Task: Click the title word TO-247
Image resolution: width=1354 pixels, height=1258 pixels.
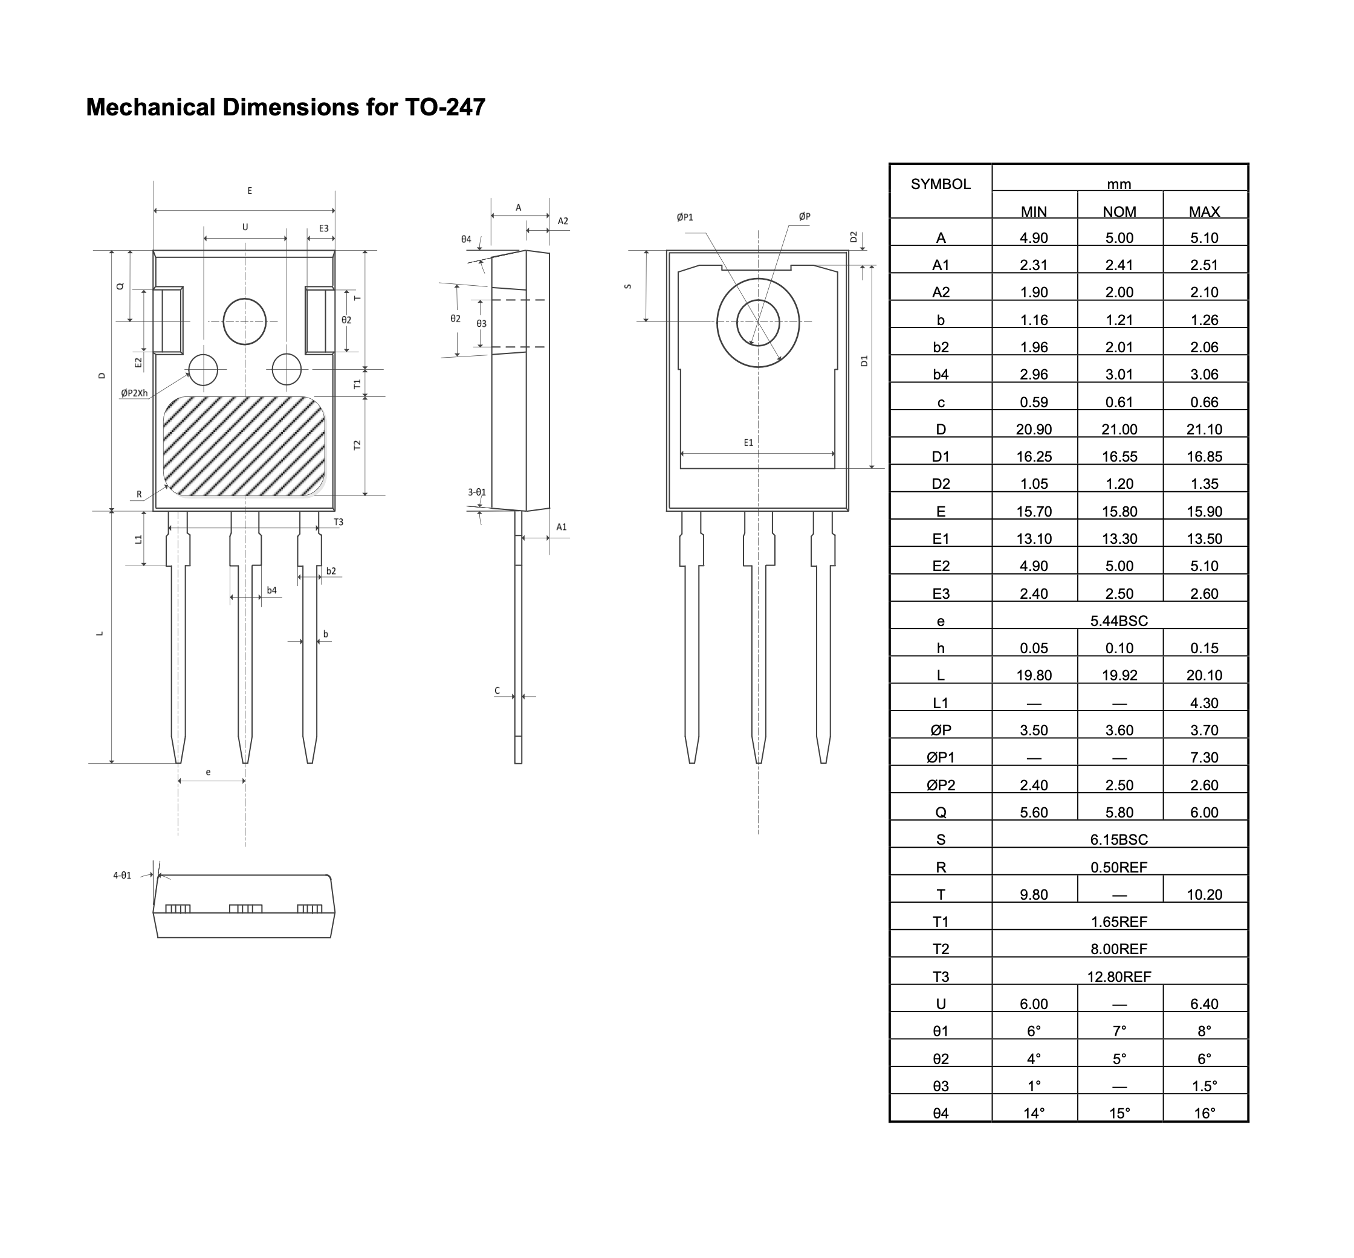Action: (x=445, y=108)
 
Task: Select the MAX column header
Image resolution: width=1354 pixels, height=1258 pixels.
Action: (x=1204, y=211)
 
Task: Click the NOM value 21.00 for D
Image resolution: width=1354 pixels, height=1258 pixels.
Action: (x=1119, y=430)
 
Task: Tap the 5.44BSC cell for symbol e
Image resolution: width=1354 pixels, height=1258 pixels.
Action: (x=1119, y=621)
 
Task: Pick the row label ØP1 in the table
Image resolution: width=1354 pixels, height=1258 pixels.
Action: (x=941, y=758)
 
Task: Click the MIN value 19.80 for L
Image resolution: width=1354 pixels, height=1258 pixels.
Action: (x=1034, y=676)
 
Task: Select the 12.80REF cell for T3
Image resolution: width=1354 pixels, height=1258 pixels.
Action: (x=1119, y=977)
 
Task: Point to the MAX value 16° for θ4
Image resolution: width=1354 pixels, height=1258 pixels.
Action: (x=1204, y=1114)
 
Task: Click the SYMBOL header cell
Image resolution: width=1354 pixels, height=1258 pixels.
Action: (x=941, y=184)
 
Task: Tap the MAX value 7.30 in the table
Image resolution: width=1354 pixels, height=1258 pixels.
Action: (x=1204, y=758)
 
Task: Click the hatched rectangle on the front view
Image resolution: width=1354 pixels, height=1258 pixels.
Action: (x=244, y=446)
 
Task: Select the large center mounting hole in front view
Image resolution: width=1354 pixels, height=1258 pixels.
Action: (x=245, y=321)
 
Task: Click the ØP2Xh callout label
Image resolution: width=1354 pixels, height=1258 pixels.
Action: (x=134, y=393)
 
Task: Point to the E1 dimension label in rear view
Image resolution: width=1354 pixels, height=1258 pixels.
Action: (x=748, y=442)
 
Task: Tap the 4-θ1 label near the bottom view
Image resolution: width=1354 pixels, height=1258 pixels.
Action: (x=123, y=876)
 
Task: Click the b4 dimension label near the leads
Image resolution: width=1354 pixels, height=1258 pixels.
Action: (x=272, y=590)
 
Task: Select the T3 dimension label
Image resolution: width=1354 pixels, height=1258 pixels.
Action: (x=338, y=522)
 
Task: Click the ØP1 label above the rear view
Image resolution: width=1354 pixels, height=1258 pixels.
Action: (x=684, y=217)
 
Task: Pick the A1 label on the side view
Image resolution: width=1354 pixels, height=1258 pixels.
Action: (x=561, y=527)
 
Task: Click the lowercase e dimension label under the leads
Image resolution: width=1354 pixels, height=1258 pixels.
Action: (x=209, y=772)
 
